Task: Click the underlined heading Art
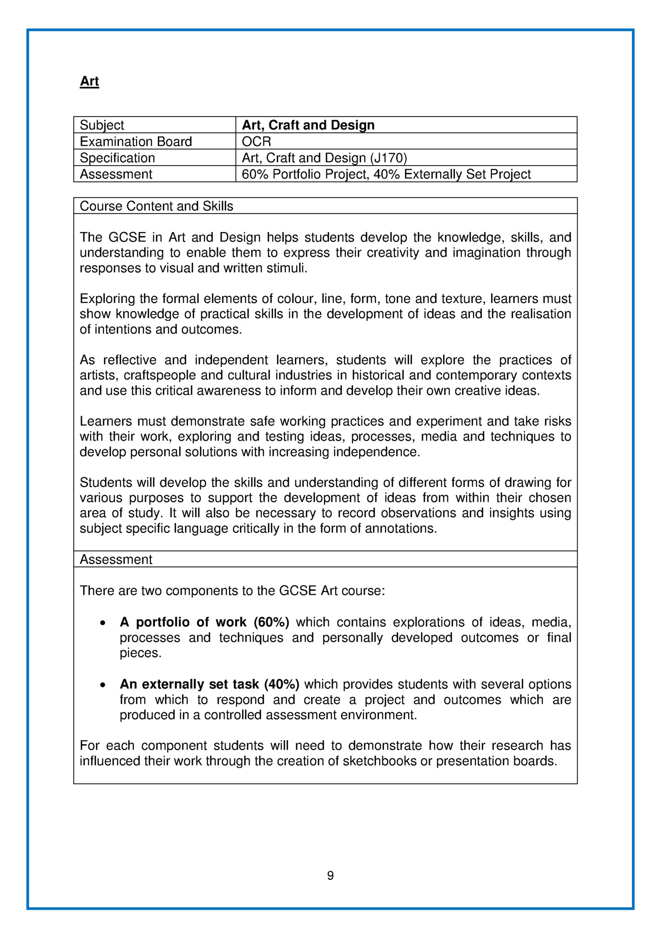89,81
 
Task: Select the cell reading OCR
256,142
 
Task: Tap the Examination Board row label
136,142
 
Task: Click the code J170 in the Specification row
388,158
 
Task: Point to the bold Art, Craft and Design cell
308,125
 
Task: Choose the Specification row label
117,158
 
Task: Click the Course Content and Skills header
156,206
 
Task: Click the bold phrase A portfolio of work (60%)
204,623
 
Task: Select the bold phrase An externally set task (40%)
209,685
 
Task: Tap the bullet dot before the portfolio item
103,623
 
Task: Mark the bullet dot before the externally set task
103,685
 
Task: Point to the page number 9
330,876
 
